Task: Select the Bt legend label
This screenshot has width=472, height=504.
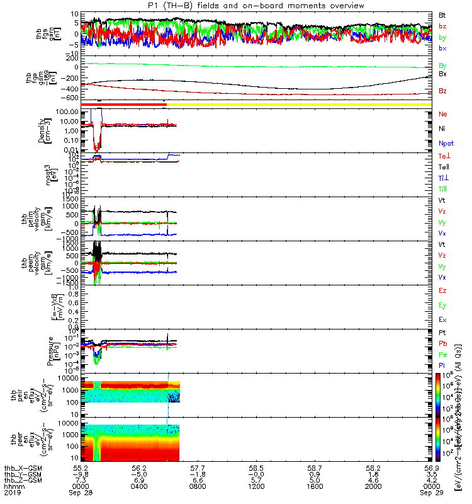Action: [x=442, y=14]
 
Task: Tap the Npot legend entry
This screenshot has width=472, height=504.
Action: [x=446, y=144]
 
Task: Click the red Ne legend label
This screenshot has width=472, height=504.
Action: [x=442, y=114]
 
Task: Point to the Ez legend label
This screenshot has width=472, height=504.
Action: [x=442, y=290]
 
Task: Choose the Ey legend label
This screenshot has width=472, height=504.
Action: [x=442, y=306]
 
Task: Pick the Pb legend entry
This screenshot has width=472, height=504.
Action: [x=442, y=343]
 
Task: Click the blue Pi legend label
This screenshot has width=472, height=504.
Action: [x=442, y=364]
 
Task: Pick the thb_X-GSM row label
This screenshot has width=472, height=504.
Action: [x=22, y=467]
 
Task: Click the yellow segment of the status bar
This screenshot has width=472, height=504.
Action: [x=296, y=104]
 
